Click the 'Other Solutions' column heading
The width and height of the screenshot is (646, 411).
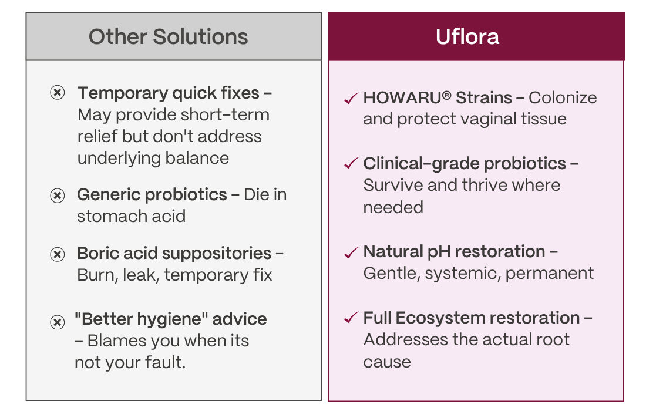168,36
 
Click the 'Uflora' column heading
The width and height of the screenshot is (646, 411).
467,36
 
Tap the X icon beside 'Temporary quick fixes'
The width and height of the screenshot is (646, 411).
58,93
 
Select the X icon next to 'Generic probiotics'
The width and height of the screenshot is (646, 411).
58,195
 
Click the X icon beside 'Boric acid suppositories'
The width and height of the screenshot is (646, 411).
58,254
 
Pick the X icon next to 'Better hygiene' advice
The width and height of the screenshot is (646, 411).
58,322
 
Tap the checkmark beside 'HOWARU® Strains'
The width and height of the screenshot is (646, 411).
351,99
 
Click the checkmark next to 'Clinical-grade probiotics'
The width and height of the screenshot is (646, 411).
351,163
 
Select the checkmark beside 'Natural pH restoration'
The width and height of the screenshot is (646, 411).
351,252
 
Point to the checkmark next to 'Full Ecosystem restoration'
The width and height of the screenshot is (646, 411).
351,318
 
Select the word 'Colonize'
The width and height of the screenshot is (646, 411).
563,98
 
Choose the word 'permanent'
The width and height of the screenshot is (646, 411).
550,274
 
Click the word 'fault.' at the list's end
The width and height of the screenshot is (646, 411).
165,362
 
